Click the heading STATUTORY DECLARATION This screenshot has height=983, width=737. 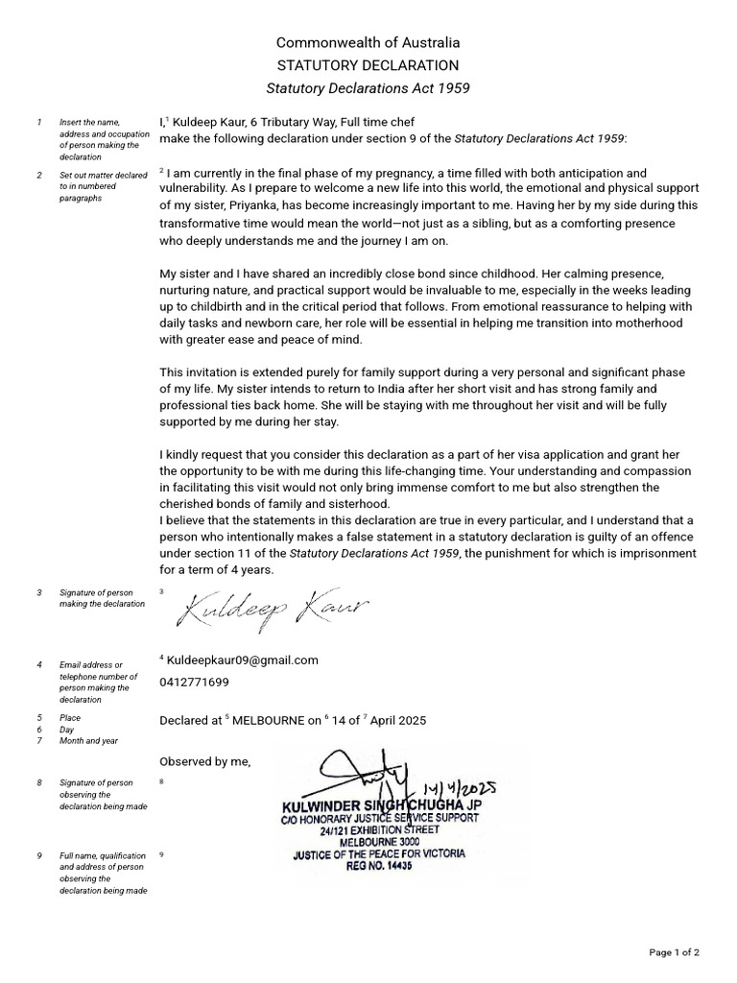368,65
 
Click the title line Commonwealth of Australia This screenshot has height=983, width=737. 368,42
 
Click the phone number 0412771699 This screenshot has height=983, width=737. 195,683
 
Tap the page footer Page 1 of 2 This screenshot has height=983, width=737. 674,952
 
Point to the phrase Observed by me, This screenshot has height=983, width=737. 204,761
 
